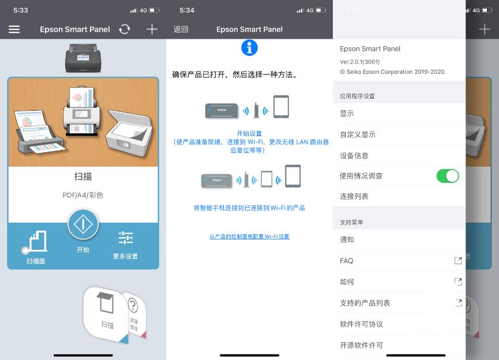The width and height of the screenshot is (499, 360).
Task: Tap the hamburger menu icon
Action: tap(14, 29)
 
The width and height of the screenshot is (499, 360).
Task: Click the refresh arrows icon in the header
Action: tap(125, 29)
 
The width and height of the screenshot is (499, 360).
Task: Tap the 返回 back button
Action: tap(181, 29)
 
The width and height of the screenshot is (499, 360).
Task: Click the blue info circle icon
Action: tap(249, 48)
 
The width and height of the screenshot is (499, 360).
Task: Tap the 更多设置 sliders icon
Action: tap(126, 238)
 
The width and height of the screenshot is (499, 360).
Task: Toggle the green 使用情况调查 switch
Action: tap(448, 176)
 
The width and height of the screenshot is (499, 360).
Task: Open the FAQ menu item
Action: tap(347, 261)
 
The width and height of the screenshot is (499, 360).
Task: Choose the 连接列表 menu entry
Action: tap(354, 196)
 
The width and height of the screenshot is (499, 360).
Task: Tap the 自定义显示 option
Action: tap(358, 134)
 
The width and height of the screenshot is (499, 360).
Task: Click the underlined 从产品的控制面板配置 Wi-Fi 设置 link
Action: tap(249, 237)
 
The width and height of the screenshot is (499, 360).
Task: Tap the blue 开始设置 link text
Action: tap(249, 133)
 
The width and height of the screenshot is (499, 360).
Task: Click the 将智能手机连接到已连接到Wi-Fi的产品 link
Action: tap(249, 208)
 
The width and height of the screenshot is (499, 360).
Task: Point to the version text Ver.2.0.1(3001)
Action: tap(359, 62)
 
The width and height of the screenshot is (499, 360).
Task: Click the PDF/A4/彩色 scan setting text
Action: tap(82, 195)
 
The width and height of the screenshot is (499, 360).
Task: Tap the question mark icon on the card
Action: tap(133, 305)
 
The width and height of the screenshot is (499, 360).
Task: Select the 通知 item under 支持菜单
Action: tap(347, 239)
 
